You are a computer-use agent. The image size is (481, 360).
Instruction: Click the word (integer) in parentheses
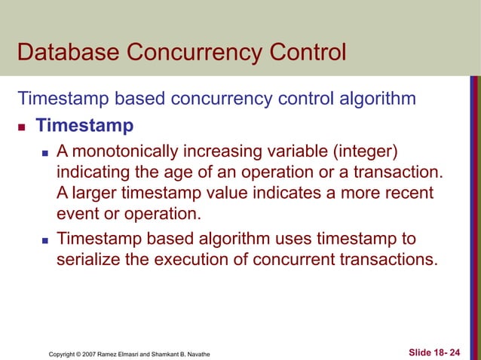366,153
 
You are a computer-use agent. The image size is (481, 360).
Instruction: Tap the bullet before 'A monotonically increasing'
44,154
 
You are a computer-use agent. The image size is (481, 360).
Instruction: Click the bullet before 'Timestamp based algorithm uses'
44,242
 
